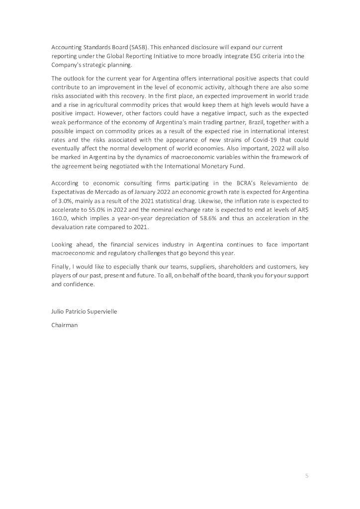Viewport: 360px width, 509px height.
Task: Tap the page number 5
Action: click(x=307, y=476)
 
